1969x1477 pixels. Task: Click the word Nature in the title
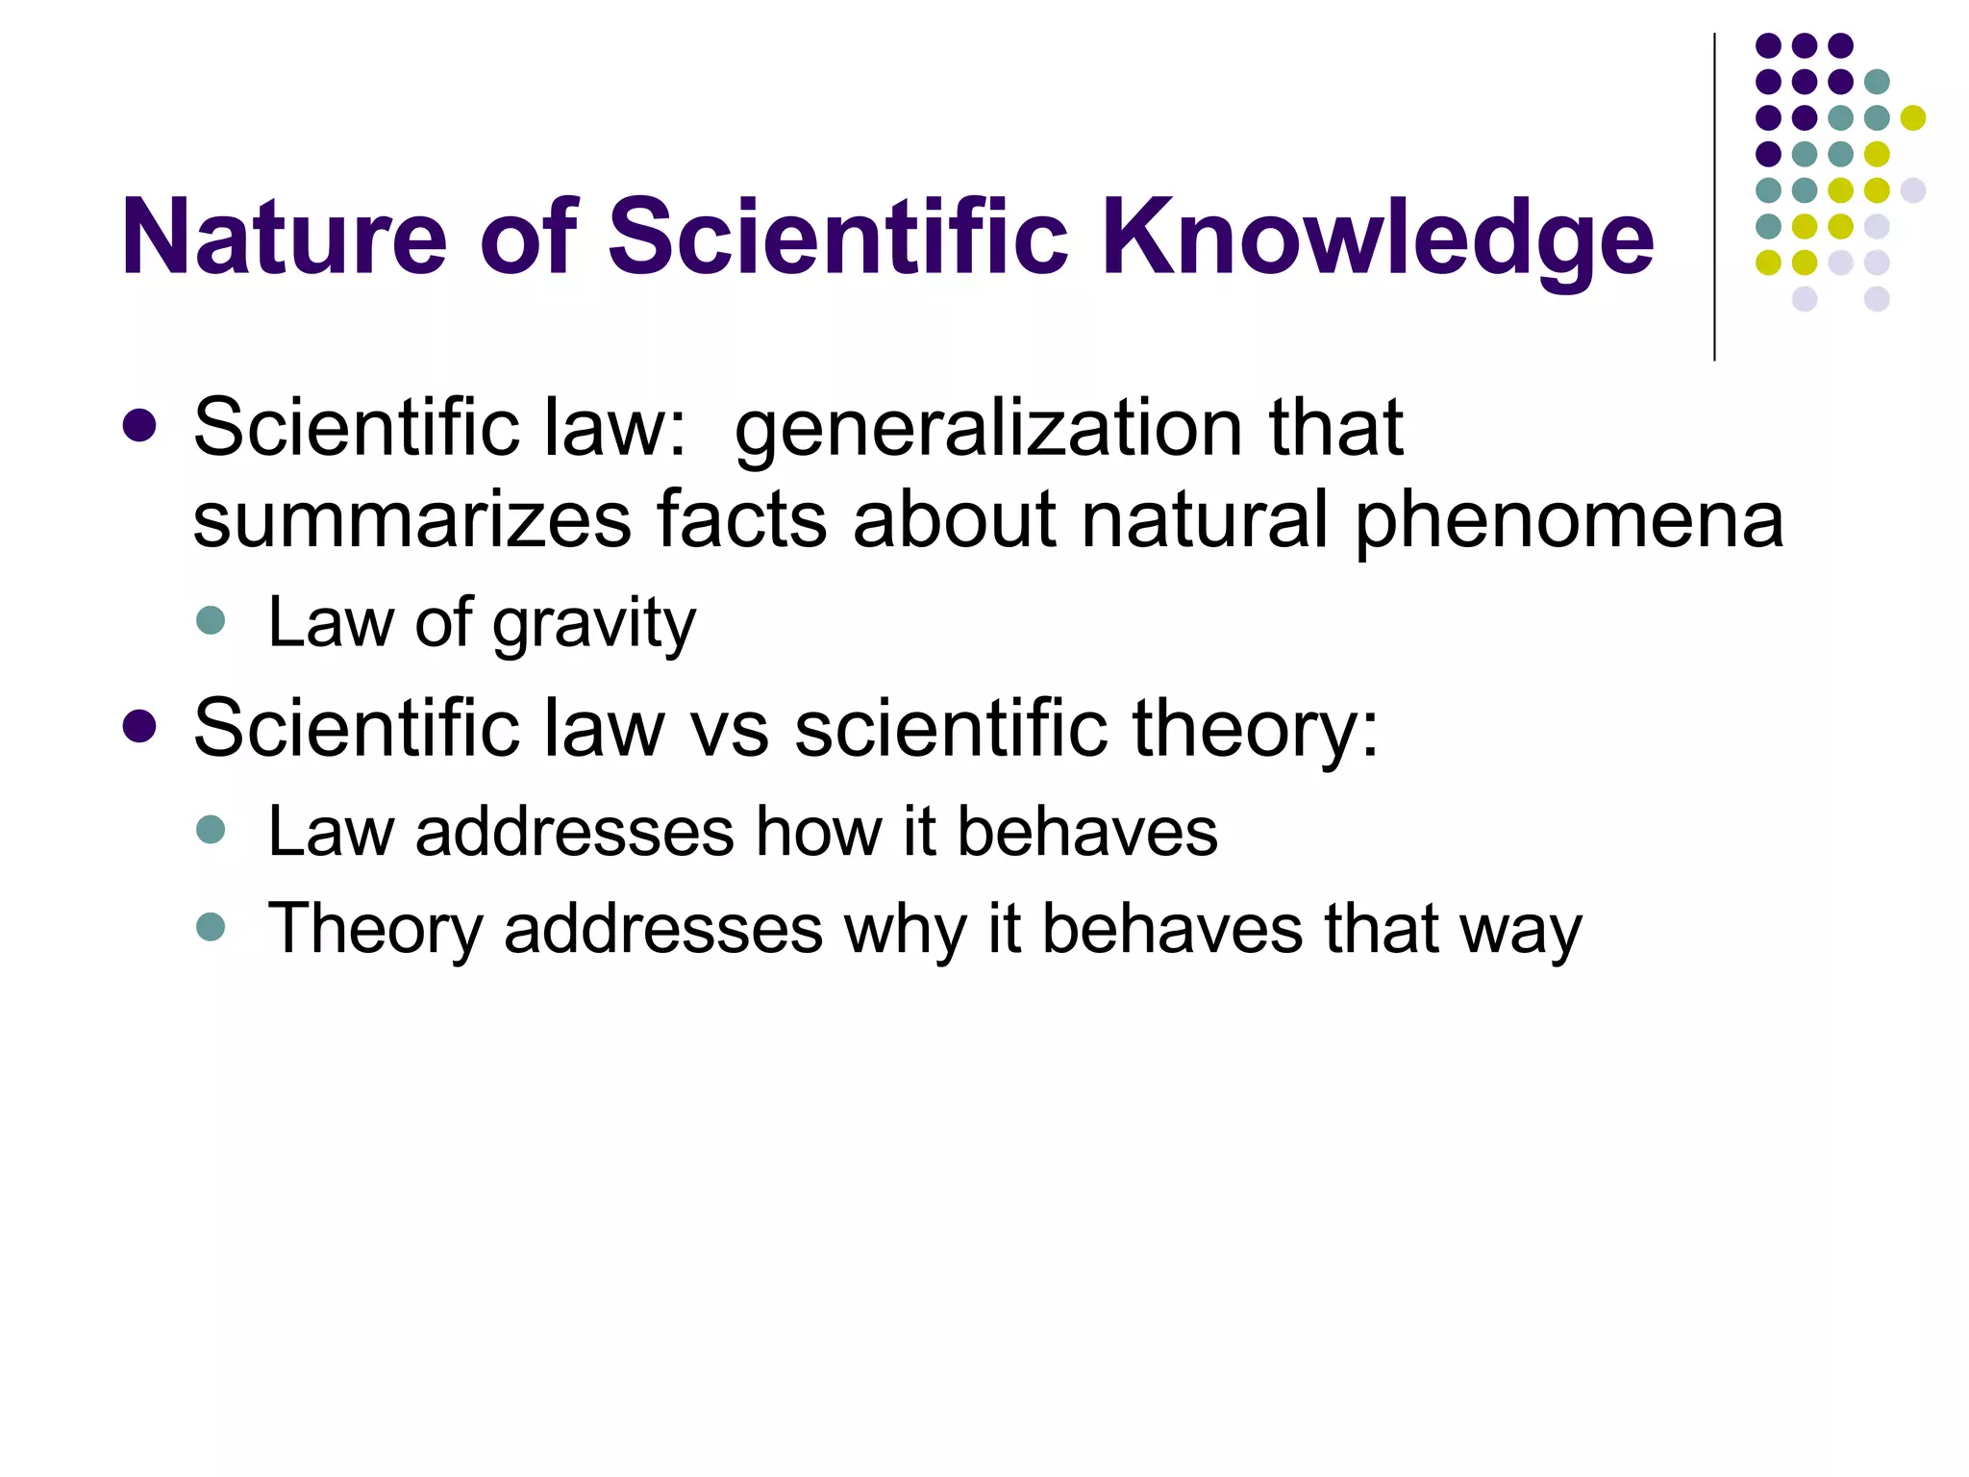[285, 237]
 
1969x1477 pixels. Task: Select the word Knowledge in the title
[1377, 238]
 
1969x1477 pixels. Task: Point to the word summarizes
[411, 519]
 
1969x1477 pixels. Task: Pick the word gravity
[593, 625]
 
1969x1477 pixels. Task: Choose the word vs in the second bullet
[730, 728]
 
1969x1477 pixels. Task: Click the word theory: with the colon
[1255, 730]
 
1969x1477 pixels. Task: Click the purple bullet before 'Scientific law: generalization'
[140, 427]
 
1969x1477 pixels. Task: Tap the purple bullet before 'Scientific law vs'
[140, 727]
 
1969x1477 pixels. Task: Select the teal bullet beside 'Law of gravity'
[211, 620]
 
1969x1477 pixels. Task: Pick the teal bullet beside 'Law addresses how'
[211, 829]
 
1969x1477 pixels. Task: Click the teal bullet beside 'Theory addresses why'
[211, 927]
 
